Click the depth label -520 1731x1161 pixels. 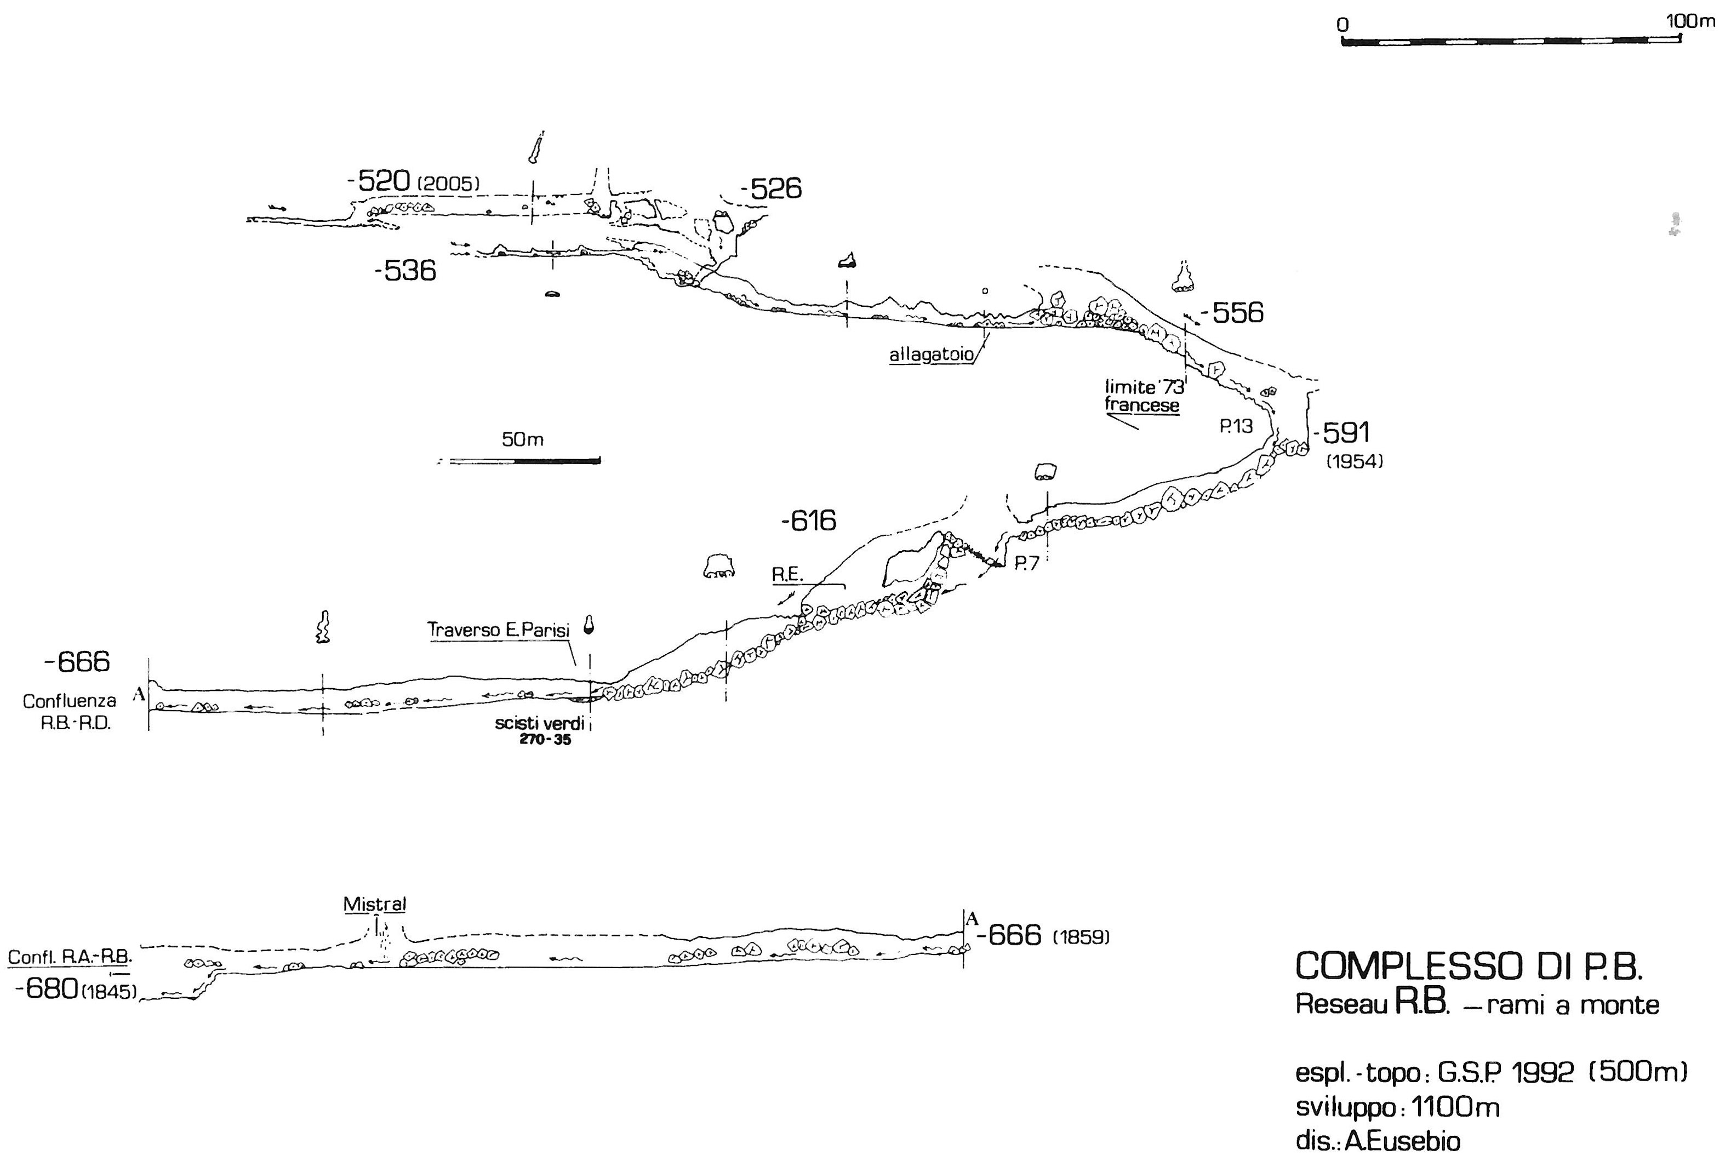(x=378, y=181)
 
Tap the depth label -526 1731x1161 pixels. (x=771, y=189)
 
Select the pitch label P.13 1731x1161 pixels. (x=1236, y=426)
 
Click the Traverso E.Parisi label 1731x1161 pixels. (x=498, y=630)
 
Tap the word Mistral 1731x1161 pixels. (x=375, y=904)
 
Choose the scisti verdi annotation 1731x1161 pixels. (x=540, y=723)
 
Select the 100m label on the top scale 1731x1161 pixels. (x=1690, y=21)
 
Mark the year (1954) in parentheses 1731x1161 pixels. (x=1354, y=462)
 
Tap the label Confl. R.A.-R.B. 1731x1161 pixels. (x=70, y=957)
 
